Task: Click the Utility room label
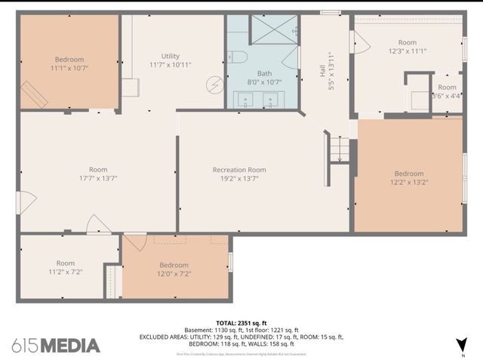(170, 56)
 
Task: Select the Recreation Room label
(238, 170)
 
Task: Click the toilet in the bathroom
(235, 57)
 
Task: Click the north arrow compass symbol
(461, 346)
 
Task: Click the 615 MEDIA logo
(56, 346)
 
